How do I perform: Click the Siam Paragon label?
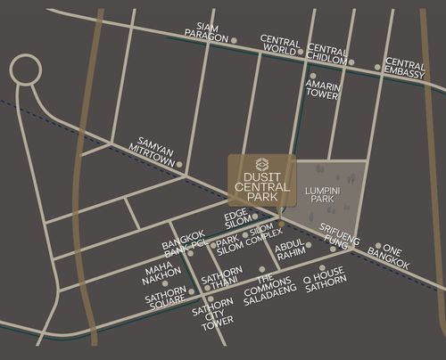(206, 33)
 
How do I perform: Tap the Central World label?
(279, 45)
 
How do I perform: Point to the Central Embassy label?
(405, 70)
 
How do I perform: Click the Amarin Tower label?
(323, 90)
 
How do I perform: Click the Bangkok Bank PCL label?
(184, 248)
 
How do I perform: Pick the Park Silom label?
(229, 246)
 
